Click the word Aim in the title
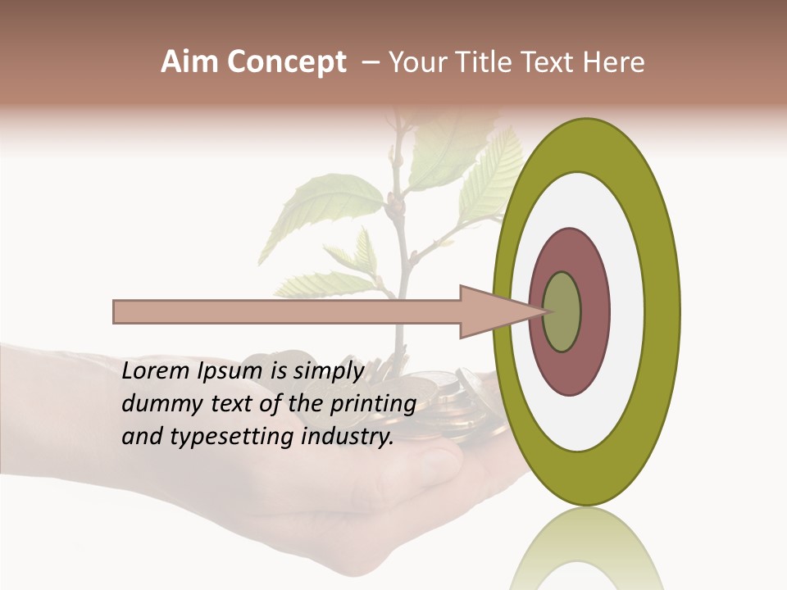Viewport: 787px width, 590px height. click(x=189, y=62)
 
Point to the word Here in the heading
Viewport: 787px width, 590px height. click(x=614, y=62)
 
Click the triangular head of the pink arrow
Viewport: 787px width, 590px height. click(x=492, y=311)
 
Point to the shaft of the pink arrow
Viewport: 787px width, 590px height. click(x=287, y=311)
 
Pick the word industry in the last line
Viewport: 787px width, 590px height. click(x=348, y=437)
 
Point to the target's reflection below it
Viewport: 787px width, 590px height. click(x=586, y=549)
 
